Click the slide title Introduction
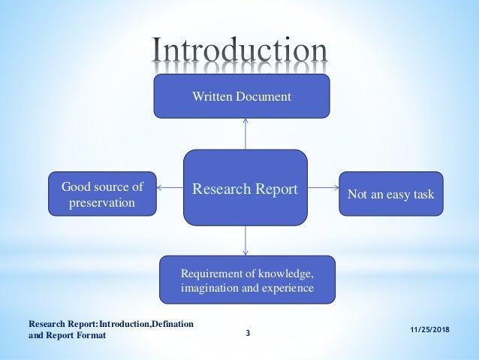click(241, 52)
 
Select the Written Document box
click(241, 96)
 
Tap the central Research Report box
click(246, 188)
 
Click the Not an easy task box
click(391, 195)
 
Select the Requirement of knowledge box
click(247, 280)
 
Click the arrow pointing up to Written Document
click(246, 134)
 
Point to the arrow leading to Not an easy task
click(324, 187)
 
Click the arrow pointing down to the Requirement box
click(246, 241)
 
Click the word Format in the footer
click(89, 335)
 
